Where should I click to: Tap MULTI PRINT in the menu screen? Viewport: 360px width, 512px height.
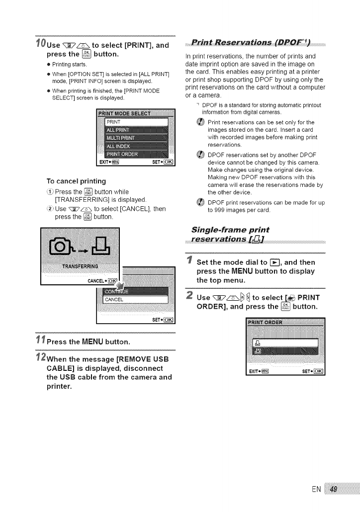[x=122, y=138]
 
